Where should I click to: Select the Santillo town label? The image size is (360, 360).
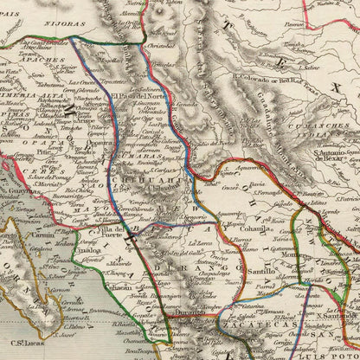click(x=249, y=272)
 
